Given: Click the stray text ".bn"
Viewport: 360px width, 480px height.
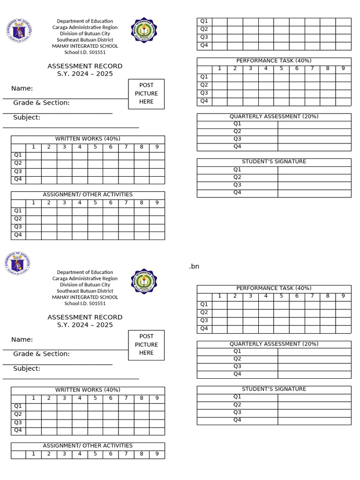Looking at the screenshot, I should (x=194, y=267).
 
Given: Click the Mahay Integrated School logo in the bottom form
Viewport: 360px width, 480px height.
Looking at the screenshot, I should (x=144, y=281).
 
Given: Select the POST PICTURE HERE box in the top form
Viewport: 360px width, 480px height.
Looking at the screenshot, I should (x=146, y=94).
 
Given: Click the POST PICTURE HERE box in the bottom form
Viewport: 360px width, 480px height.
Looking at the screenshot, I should (x=146, y=345).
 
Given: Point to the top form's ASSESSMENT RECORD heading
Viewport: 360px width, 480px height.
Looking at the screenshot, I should (x=85, y=66).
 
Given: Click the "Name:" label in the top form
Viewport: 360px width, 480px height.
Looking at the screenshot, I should (x=22, y=89).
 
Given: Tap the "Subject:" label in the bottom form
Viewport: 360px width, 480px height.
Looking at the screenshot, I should (x=27, y=368).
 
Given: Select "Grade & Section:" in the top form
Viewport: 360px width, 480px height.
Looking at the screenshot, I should (x=41, y=103).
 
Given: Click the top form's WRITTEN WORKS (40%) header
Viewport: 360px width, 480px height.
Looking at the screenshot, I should (x=88, y=139).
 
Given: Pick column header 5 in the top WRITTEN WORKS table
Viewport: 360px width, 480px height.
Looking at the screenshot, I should (x=95, y=147).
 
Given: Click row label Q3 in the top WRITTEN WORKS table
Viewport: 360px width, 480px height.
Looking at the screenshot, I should (x=18, y=172).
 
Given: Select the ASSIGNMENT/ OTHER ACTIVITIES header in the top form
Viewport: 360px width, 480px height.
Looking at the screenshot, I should (x=88, y=195).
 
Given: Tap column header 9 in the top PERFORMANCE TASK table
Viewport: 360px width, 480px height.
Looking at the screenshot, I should (x=343, y=69).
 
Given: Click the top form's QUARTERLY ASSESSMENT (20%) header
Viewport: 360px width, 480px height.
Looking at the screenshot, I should (x=274, y=117).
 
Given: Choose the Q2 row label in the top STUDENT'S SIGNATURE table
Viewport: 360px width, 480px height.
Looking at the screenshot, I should (x=237, y=177).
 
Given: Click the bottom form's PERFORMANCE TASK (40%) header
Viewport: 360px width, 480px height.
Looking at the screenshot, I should (x=274, y=288).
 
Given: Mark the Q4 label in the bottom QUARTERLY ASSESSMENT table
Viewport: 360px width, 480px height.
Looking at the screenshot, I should (x=237, y=374).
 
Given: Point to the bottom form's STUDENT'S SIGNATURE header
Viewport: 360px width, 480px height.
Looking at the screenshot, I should (x=274, y=389).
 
